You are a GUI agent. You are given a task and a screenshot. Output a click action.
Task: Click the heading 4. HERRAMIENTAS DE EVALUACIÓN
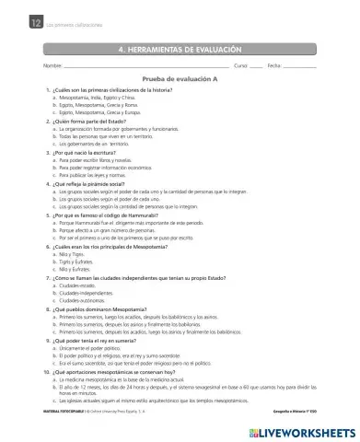(x=180, y=47)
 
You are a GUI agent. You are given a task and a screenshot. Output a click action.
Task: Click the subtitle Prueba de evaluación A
(x=180, y=80)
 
